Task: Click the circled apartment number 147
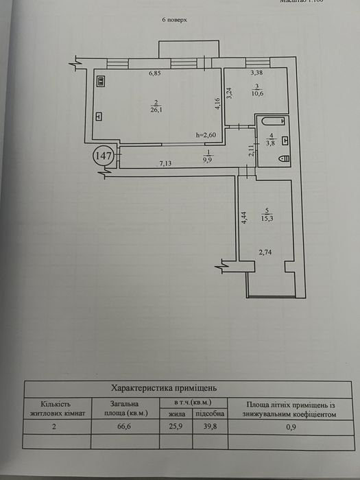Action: tap(104, 156)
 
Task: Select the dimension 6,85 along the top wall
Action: tap(159, 73)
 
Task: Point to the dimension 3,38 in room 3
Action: tap(256, 73)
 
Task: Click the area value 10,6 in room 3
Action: tap(256, 95)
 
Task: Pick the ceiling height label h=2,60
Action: tap(206, 136)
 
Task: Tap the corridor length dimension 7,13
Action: tap(166, 163)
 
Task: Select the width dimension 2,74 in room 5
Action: tap(266, 253)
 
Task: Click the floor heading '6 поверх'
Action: tap(174, 20)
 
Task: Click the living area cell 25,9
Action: tap(176, 426)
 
